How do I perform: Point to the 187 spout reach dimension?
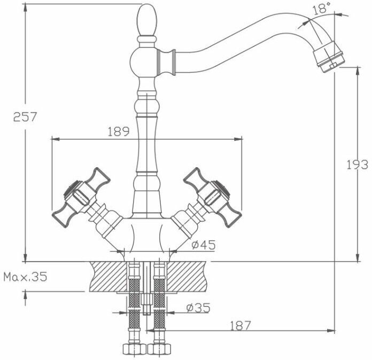tap(242, 324)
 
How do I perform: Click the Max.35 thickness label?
tap(25, 277)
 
